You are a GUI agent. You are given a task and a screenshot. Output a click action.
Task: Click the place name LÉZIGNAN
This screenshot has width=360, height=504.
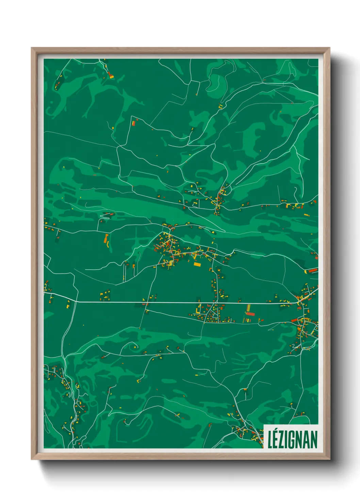pos(292,439)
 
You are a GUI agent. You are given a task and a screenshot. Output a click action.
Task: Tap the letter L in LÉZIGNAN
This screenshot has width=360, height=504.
pos(270,440)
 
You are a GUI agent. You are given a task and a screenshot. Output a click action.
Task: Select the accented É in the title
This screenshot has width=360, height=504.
pos(276,439)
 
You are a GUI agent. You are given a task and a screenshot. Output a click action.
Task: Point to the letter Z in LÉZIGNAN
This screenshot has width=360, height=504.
pos(282,440)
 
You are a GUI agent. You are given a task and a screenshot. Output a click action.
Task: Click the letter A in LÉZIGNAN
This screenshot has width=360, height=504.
pos(306,440)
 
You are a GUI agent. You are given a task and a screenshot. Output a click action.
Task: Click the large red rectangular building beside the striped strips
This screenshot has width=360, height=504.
pos(250,314)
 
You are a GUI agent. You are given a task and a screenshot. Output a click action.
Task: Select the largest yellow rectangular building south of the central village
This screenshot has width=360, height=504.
pos(197,264)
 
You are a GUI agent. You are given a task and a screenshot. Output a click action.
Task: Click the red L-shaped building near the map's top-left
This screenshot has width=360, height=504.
pos(110,75)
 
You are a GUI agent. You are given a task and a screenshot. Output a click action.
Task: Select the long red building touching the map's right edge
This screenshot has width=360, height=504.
pos(313,271)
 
